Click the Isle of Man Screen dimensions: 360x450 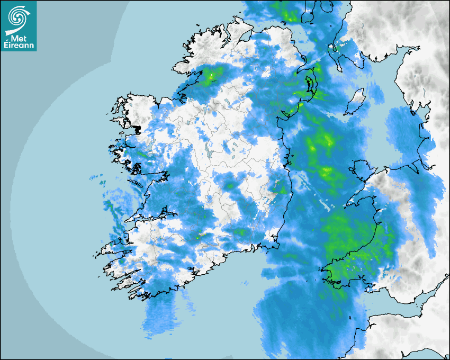(356, 102)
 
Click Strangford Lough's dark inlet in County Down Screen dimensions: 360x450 (309, 85)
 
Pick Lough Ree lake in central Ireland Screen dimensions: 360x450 (205, 150)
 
